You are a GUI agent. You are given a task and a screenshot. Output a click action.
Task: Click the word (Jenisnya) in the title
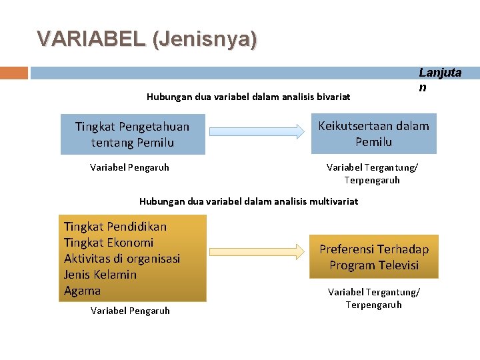205,39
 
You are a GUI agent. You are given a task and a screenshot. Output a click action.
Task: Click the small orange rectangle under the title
14,73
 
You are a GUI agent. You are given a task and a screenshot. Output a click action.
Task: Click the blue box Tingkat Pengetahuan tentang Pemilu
132,134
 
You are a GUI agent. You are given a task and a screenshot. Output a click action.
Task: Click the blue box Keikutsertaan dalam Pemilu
373,134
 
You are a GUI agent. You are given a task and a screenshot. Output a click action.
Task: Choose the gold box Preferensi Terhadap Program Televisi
373,257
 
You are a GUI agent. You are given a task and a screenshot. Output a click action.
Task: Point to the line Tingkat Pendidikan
115,227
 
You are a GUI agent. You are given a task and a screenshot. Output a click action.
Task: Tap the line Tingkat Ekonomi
108,243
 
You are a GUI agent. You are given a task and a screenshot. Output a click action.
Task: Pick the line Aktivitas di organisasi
121,259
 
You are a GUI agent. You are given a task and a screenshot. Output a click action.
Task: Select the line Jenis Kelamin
100,275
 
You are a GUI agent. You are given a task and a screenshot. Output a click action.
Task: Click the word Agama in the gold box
82,291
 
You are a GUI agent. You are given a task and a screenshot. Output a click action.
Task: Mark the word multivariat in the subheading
333,201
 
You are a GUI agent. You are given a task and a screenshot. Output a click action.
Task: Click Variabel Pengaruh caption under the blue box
129,167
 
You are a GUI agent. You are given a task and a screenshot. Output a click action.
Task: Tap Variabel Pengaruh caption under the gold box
130,311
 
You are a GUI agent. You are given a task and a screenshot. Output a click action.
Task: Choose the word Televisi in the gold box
399,265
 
